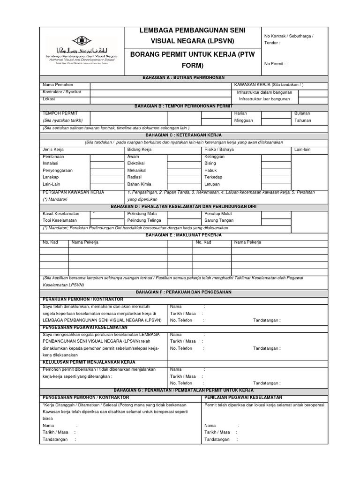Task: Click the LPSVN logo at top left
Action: click(x=82, y=51)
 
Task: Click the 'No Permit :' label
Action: click(x=275, y=64)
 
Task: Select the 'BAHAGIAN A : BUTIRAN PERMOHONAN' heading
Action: click(x=184, y=77)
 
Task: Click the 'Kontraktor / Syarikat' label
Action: click(x=62, y=92)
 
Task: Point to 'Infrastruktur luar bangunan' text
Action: click(x=264, y=99)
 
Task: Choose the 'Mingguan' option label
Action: click(x=243, y=120)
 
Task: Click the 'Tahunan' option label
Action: click(x=302, y=120)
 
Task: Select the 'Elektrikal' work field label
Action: click(x=137, y=163)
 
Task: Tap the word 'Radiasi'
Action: click(x=135, y=177)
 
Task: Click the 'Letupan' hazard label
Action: click(x=212, y=184)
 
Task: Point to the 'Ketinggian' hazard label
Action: click(x=215, y=156)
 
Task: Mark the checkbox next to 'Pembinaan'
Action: click(x=106, y=157)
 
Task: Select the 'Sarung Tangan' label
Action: click(x=218, y=220)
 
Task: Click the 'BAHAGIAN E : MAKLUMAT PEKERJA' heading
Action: click(x=184, y=235)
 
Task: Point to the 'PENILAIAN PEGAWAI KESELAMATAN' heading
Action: click(x=244, y=397)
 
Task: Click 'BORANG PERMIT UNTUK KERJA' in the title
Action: click(x=193, y=54)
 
